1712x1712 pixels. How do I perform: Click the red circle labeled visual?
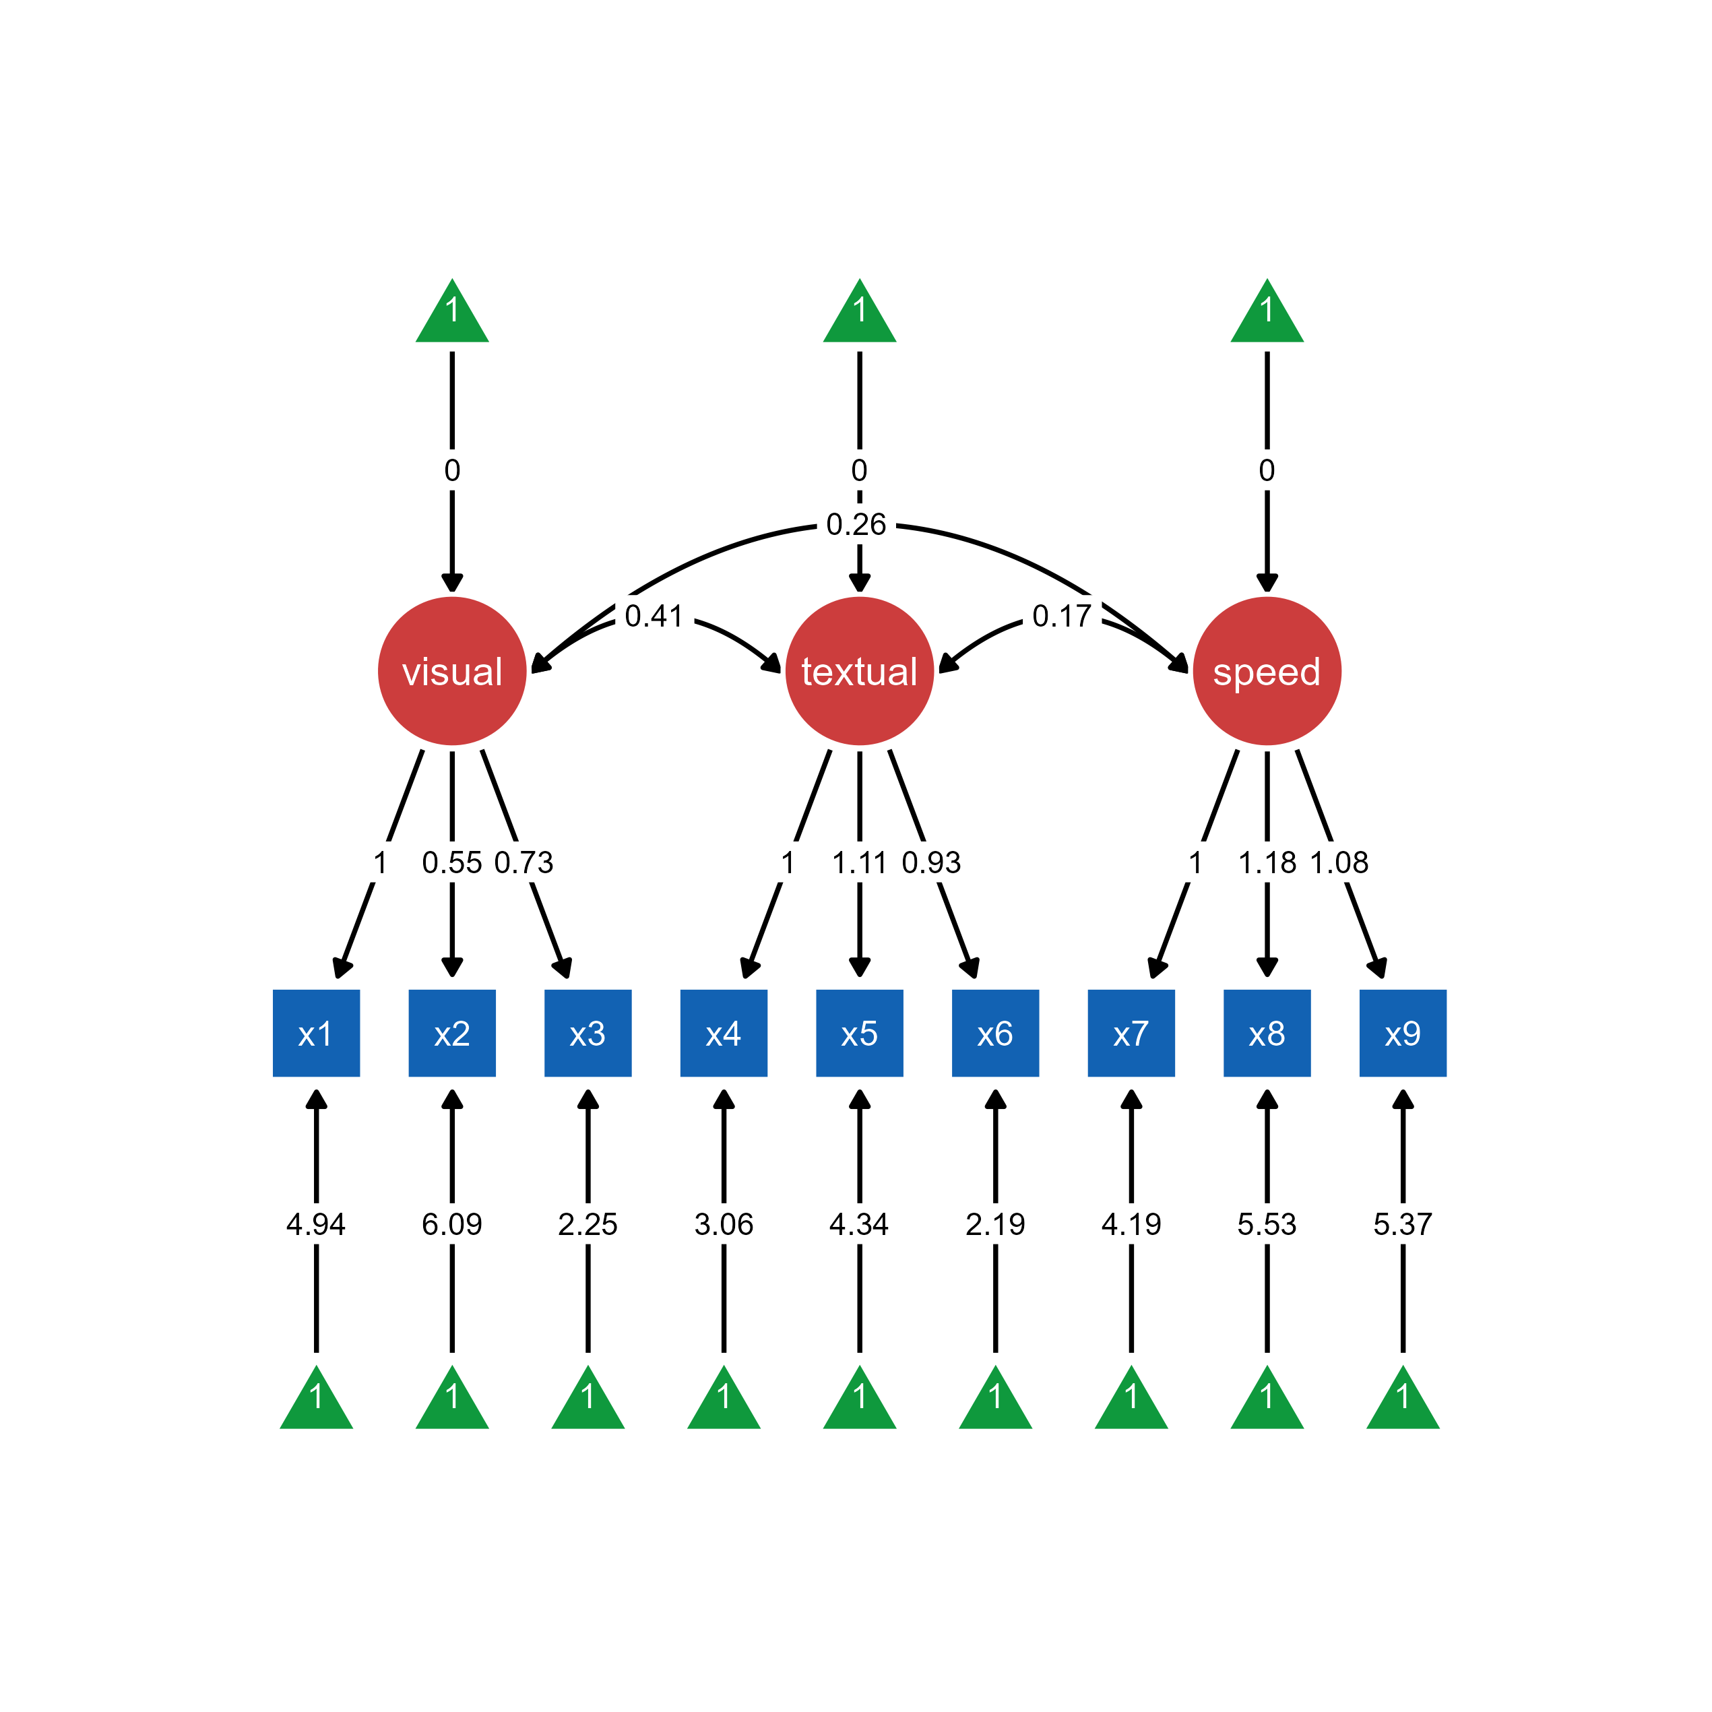point(452,671)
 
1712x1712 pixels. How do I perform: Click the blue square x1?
point(317,1034)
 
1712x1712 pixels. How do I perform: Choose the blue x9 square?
point(1402,1034)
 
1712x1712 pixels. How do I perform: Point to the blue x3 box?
point(588,1034)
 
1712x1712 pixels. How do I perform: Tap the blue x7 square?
point(1131,1034)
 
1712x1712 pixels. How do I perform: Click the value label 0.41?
point(654,615)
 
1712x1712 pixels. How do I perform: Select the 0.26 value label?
point(856,524)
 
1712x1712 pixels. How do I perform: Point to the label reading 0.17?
point(1062,615)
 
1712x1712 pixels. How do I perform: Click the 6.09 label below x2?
point(452,1224)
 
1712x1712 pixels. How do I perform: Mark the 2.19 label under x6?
point(995,1224)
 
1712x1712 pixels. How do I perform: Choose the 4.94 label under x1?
point(317,1224)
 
